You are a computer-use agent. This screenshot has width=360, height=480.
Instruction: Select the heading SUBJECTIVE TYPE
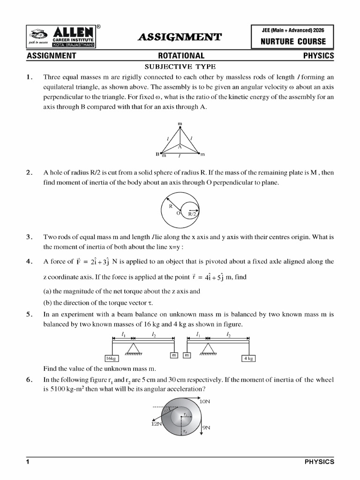tap(180, 66)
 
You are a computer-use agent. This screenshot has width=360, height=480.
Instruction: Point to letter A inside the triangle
tap(180, 147)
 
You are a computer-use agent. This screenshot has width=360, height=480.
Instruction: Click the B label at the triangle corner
tap(157, 154)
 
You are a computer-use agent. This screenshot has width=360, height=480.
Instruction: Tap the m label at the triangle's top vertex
tap(180, 124)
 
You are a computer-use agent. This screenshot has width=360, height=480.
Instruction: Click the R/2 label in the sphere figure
tap(192, 214)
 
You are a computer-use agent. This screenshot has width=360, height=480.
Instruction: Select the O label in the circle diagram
tap(178, 213)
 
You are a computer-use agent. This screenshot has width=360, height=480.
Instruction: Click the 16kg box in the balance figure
tap(111, 358)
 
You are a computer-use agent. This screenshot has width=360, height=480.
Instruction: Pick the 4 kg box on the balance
tap(248, 358)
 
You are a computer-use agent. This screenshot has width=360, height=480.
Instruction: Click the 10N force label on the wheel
tap(205, 402)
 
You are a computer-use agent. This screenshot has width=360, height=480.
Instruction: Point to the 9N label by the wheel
tap(206, 427)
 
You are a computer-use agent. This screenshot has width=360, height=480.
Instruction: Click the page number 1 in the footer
tap(28, 462)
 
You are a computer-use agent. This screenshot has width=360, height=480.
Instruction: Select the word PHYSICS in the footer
tap(319, 462)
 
